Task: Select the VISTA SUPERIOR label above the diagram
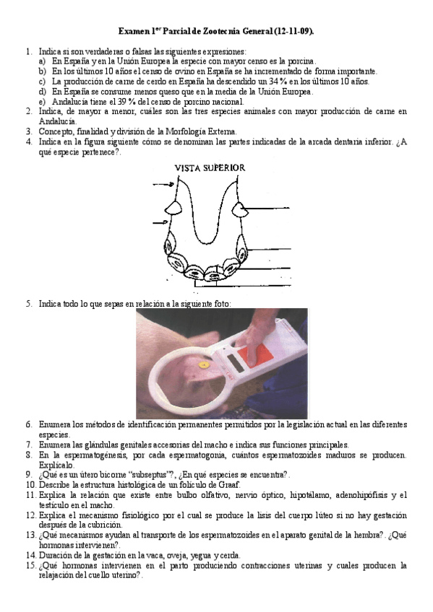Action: point(210,168)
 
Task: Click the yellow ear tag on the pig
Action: point(204,365)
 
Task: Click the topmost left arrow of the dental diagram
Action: point(163,184)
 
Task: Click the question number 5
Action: point(29,304)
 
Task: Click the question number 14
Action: point(31,556)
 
